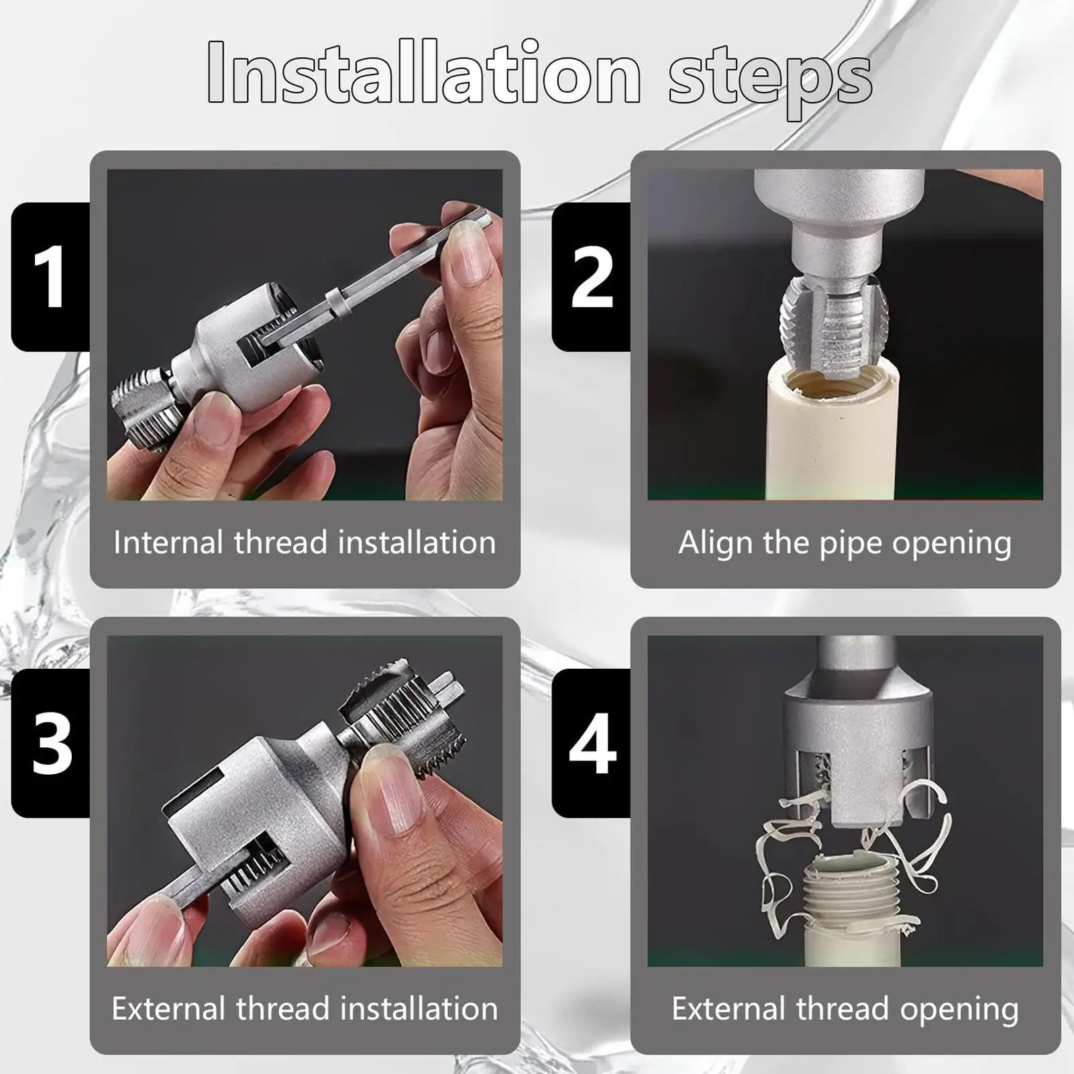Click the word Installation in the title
coord(424,72)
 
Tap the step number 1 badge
coord(51,276)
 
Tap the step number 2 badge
coord(591,276)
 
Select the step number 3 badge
coord(51,743)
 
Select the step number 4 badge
coord(591,743)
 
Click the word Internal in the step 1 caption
coord(168,542)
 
